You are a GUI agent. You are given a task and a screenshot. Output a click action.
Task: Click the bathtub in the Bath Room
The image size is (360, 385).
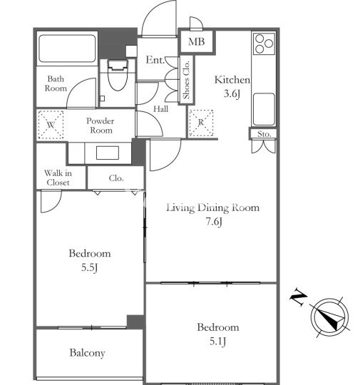tap(67, 48)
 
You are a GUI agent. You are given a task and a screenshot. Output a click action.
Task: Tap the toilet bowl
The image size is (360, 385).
tap(118, 75)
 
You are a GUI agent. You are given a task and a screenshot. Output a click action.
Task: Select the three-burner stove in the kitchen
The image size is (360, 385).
tap(264, 43)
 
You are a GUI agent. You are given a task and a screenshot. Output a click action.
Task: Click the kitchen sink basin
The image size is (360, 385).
tap(264, 109)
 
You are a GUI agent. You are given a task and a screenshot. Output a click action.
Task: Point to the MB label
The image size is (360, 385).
tap(197, 41)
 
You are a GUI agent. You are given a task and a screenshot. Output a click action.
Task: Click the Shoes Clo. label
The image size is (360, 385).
tap(187, 80)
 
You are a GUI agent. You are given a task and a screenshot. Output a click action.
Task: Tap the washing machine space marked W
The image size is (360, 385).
tap(51, 125)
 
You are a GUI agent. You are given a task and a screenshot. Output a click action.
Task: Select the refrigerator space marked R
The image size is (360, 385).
tap(201, 123)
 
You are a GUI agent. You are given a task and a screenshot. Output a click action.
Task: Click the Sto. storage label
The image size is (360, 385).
tap(264, 134)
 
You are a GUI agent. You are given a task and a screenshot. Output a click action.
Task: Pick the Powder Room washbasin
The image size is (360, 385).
tap(108, 153)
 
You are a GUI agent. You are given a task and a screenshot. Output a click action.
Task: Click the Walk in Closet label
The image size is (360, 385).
tap(58, 178)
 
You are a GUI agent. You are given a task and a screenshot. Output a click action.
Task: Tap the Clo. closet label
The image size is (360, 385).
tap(116, 178)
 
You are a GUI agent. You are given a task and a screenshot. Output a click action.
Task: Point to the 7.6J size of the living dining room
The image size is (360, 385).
tap(214, 222)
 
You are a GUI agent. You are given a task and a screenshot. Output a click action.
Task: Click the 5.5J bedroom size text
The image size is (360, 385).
tap(89, 267)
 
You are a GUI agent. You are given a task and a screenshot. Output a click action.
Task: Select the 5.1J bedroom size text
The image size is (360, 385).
tap(217, 341)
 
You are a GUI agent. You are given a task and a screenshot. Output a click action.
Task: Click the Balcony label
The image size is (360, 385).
tap(87, 353)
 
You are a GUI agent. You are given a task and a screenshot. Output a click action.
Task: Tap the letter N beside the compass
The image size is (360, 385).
tap(299, 297)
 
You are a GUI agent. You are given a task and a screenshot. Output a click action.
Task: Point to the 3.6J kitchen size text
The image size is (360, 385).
tap(232, 93)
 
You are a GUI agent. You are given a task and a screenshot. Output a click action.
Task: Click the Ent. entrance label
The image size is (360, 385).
tap(155, 60)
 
